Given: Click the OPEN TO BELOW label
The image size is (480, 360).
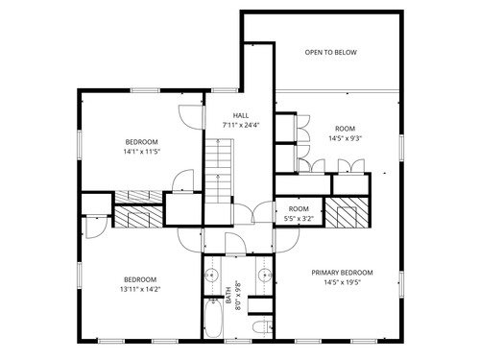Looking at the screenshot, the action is (330, 53).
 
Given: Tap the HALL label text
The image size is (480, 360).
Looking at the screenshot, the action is (241, 115).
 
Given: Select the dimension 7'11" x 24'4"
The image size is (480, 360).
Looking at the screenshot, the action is (241, 125).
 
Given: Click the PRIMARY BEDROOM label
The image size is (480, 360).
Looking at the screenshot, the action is (342, 273).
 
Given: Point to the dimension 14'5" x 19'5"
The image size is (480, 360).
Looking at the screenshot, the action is (342, 282).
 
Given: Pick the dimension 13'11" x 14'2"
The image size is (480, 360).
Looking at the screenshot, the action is (140, 290).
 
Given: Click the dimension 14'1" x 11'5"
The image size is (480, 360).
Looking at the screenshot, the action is (141, 152).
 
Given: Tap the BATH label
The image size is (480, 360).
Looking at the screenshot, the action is (228, 296).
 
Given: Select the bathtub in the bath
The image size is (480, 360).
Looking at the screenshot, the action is (213, 318).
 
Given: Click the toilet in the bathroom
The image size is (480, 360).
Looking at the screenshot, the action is (262, 327).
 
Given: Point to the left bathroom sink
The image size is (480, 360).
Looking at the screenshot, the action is (211, 275).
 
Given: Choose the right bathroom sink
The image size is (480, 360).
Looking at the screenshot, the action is (265, 275).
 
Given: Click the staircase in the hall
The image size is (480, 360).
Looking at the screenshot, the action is (218, 171).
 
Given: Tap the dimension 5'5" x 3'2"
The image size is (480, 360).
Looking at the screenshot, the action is (299, 219).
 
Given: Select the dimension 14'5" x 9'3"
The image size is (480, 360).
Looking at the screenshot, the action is (345, 138).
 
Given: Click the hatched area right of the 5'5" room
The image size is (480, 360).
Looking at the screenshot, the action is (347, 212).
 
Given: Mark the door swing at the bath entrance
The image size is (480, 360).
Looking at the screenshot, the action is (235, 245).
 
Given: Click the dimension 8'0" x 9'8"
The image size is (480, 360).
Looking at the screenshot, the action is (238, 296).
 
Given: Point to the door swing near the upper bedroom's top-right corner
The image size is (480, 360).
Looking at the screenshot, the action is (191, 117).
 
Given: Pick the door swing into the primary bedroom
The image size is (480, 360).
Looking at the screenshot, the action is (287, 240).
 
